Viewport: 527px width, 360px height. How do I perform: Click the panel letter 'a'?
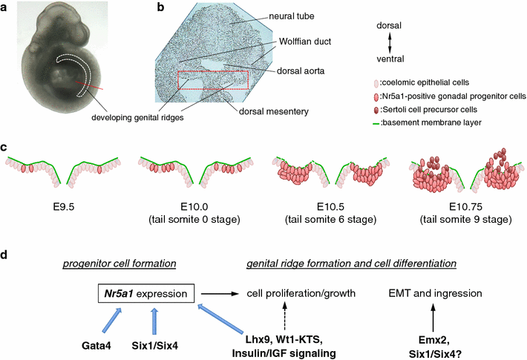7,9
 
